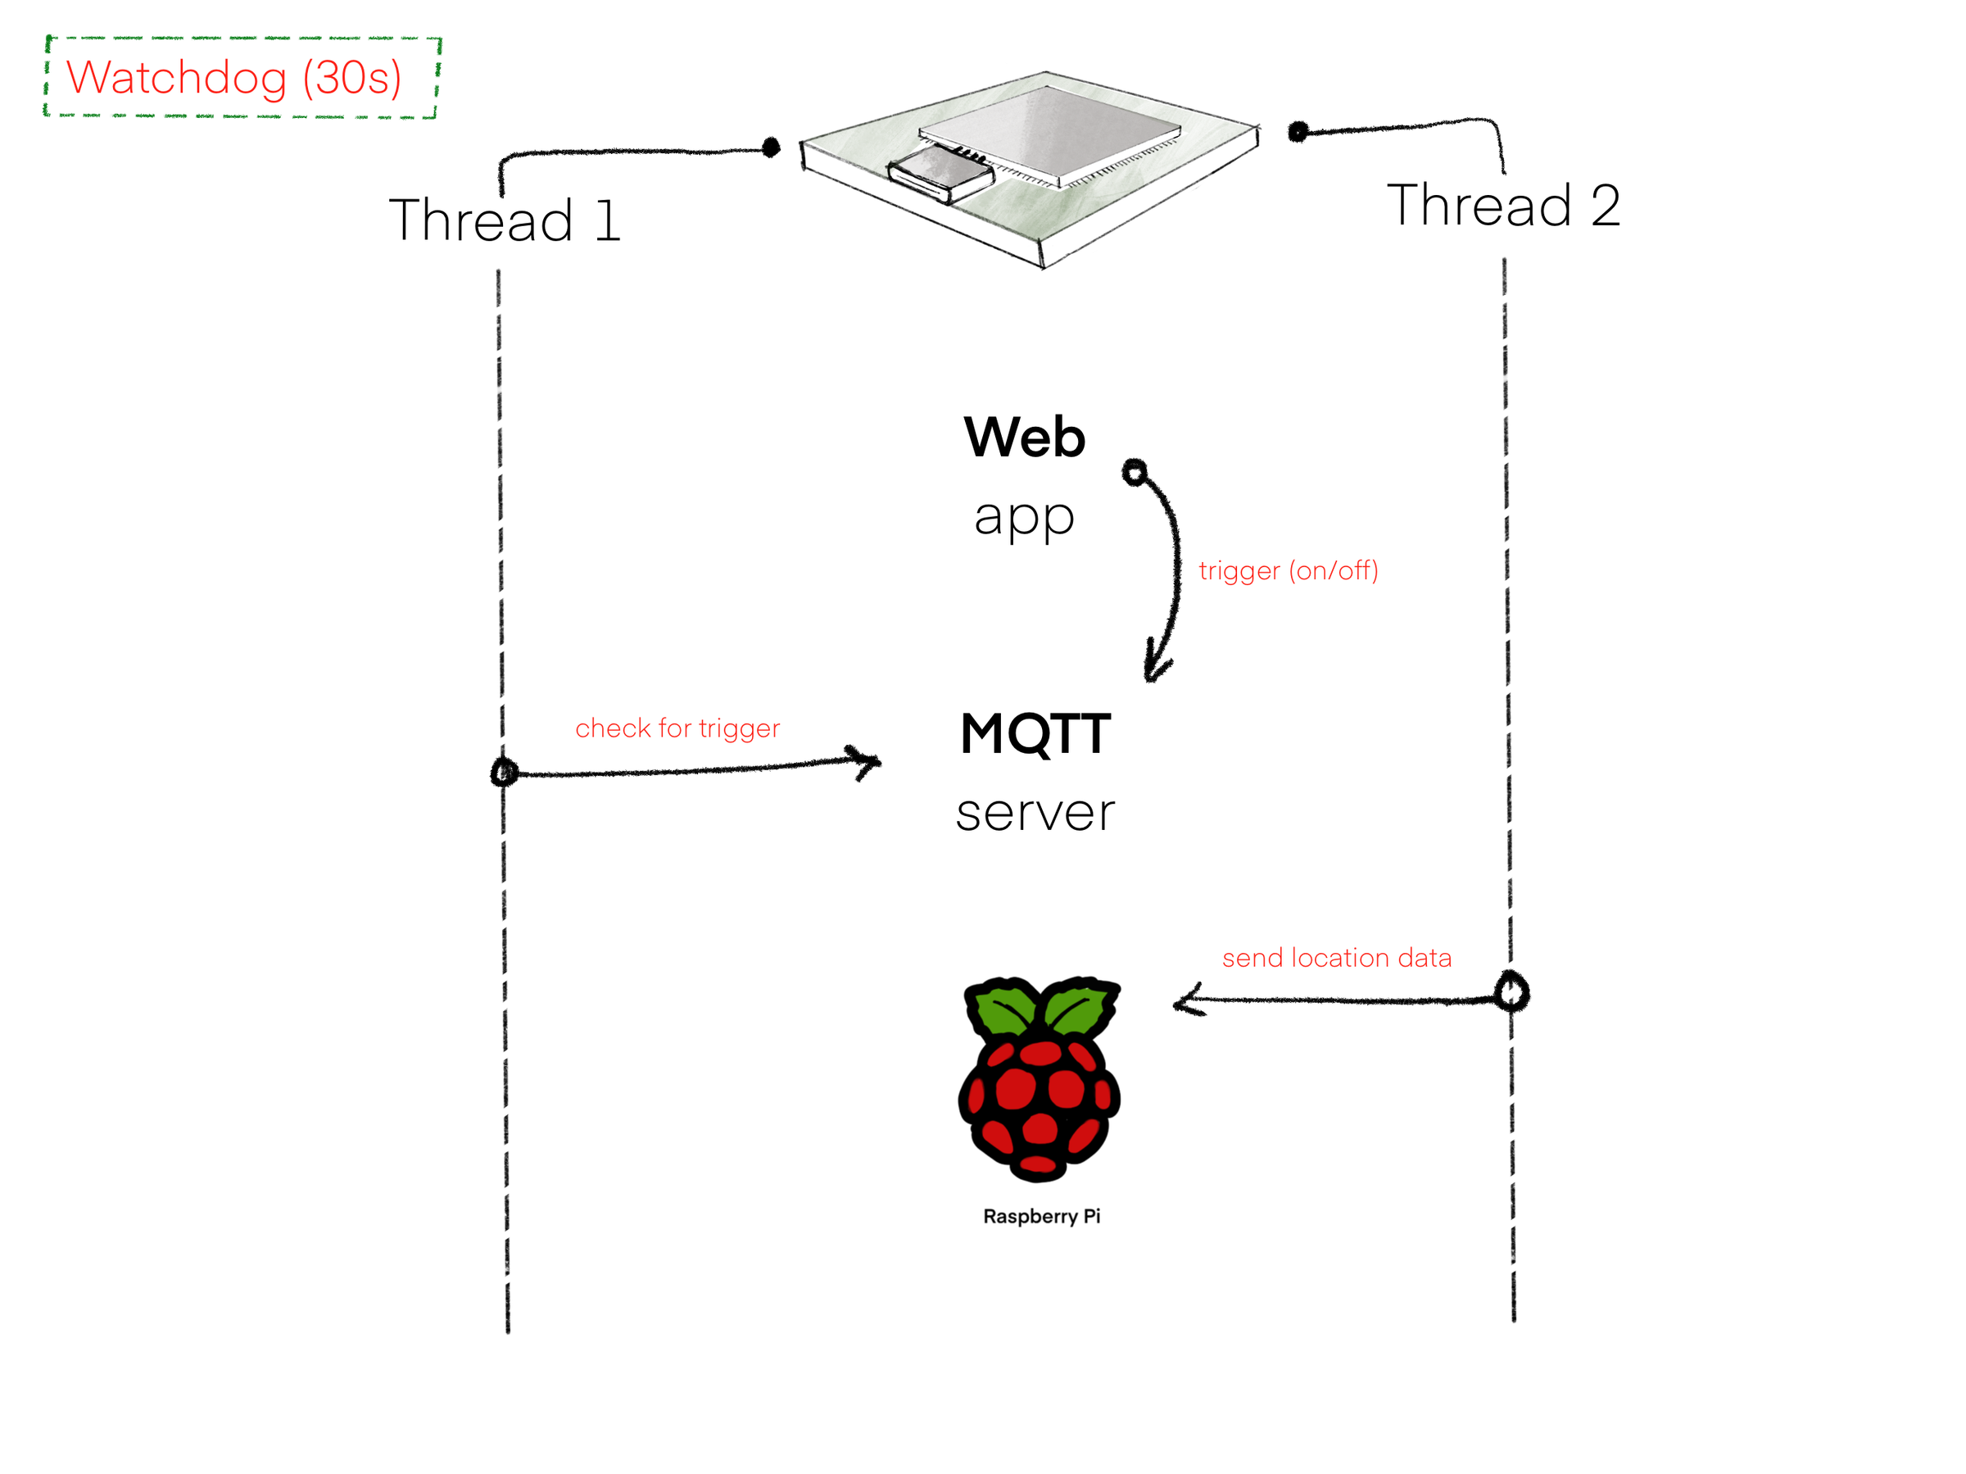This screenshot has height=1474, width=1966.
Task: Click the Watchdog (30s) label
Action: coord(233,78)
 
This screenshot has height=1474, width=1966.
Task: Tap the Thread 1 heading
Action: coord(504,220)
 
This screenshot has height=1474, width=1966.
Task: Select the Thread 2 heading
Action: coord(1503,206)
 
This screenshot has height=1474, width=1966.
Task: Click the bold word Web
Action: coord(1024,438)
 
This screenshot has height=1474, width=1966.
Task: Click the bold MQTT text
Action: coord(1035,734)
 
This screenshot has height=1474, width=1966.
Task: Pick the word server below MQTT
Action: coord(1035,813)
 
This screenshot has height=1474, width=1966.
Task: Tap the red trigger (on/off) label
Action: coord(1288,571)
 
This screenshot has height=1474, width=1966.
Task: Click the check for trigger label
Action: coord(677,728)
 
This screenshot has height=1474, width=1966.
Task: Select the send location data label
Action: coord(1337,958)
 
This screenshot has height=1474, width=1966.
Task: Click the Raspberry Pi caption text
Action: coord(1042,1216)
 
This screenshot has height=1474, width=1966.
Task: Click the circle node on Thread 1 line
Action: coord(504,772)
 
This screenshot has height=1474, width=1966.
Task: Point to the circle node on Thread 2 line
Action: coord(1511,991)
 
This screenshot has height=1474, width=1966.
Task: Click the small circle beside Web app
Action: coord(1134,472)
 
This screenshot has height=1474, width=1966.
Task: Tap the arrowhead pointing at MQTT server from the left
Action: coord(867,762)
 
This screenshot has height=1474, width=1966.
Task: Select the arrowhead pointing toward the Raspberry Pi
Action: coord(1186,1002)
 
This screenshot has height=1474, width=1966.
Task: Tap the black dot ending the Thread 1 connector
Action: coord(771,147)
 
